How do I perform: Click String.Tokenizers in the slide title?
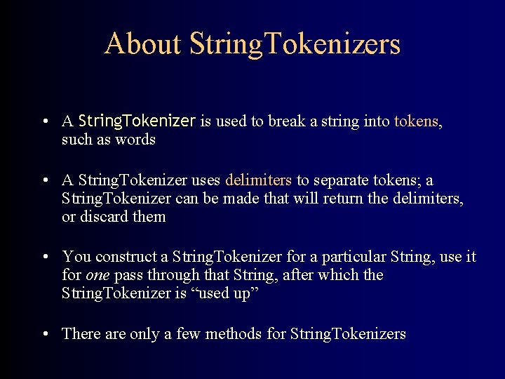click(295, 44)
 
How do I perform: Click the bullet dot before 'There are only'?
click(44, 334)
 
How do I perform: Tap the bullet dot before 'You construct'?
click(44, 257)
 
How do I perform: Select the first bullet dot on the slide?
click(44, 122)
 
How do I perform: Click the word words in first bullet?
click(137, 140)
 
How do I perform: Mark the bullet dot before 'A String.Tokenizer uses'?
click(44, 181)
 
